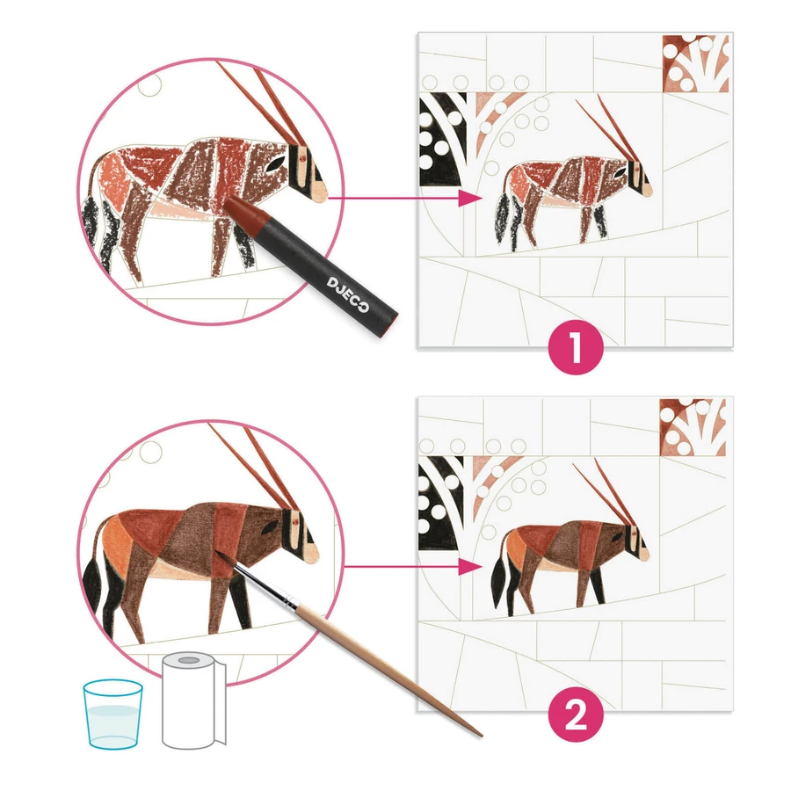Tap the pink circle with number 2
point(576,714)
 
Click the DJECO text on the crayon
point(348,294)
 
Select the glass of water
point(113,715)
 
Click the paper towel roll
point(193,700)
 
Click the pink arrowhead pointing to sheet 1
point(470,199)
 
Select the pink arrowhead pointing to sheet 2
point(470,567)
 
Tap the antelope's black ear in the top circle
point(277,163)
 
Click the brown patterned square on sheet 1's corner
point(696,63)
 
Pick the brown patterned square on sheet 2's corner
point(693,427)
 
